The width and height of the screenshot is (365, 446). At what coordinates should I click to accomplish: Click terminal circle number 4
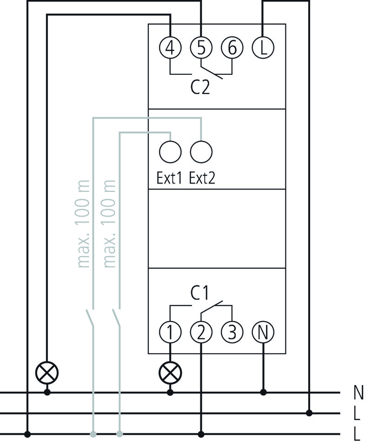coord(170,48)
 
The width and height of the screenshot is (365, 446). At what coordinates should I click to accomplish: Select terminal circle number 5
coord(201,48)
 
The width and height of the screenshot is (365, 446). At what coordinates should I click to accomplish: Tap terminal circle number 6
coord(232,48)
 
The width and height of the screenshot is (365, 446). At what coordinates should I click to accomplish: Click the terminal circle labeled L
coord(263,48)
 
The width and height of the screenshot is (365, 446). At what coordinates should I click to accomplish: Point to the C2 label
coord(200,87)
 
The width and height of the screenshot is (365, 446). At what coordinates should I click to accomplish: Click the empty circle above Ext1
coord(170,151)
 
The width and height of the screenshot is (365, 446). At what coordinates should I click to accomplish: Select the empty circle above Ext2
coord(201,151)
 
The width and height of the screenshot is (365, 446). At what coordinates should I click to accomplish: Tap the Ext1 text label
coord(169,179)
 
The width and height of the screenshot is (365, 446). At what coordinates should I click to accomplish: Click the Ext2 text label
coord(202,179)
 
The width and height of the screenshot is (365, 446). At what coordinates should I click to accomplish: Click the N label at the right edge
coord(358,393)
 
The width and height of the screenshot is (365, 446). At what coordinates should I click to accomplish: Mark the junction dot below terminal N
coord(263,393)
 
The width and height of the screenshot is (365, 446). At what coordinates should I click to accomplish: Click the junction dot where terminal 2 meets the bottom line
coord(201,434)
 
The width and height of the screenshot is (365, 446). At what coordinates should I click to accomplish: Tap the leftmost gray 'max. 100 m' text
coord(84,223)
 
